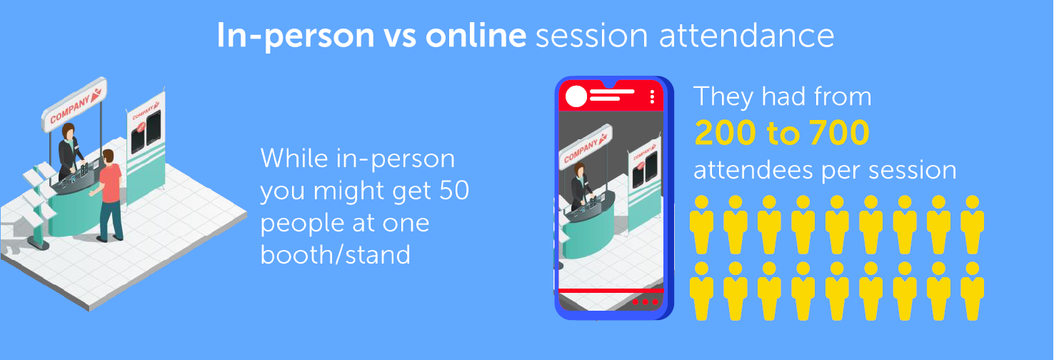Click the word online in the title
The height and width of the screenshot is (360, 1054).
click(x=476, y=35)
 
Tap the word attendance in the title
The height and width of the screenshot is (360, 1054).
click(x=747, y=35)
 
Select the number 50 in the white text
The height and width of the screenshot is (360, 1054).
click(x=454, y=190)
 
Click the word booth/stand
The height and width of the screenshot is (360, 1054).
click(x=335, y=254)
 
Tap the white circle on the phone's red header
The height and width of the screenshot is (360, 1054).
click(x=576, y=96)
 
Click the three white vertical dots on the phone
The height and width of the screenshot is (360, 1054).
click(x=652, y=96)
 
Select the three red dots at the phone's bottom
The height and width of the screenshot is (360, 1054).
click(x=645, y=301)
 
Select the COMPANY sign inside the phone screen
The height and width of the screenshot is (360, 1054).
click(x=586, y=146)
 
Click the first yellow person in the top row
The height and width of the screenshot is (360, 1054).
click(x=701, y=225)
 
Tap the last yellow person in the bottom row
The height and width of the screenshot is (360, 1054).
click(x=972, y=291)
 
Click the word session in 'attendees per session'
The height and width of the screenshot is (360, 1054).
click(x=912, y=170)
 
